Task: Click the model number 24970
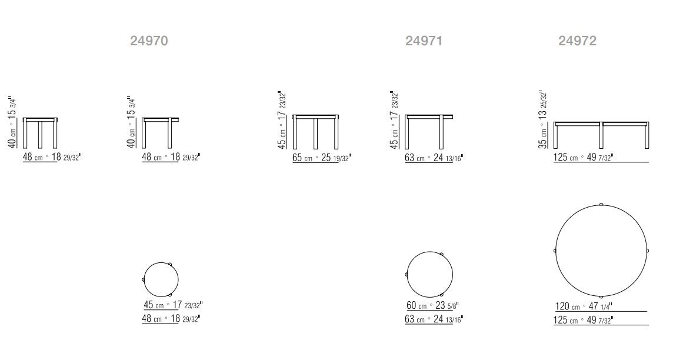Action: pyautogui.click(x=149, y=41)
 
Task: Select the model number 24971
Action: pyautogui.click(x=424, y=41)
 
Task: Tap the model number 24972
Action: pyautogui.click(x=577, y=41)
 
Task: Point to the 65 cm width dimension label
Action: pyautogui.click(x=321, y=158)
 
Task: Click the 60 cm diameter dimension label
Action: pyautogui.click(x=432, y=305)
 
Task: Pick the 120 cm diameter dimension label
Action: pyautogui.click(x=584, y=306)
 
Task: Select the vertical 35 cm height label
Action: pyautogui.click(x=543, y=120)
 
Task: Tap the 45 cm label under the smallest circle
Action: pyautogui.click(x=173, y=305)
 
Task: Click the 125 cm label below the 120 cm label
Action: pyautogui.click(x=584, y=320)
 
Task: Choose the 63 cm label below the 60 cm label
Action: pyautogui.click(x=434, y=319)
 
